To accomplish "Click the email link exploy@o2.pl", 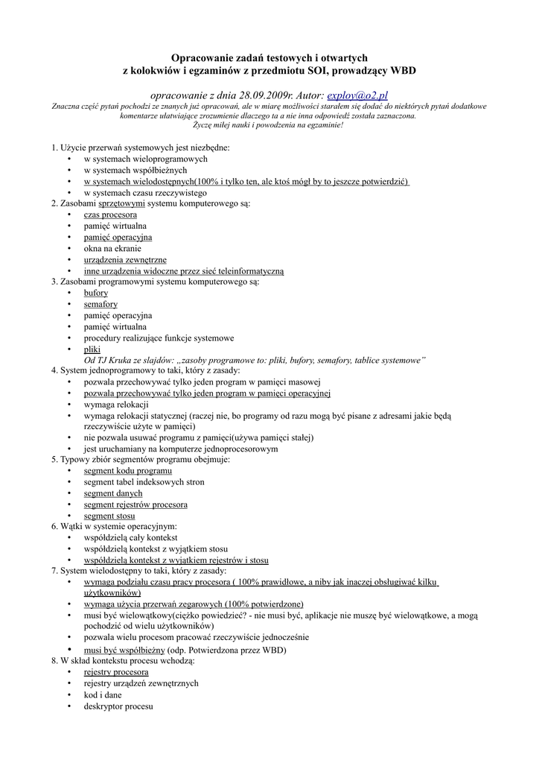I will click(x=357, y=96).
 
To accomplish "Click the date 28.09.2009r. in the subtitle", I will click(x=240, y=96).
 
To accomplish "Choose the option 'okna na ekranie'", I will click(x=112, y=248).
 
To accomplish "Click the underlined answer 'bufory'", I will click(x=96, y=293).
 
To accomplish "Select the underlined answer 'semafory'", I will click(x=101, y=304).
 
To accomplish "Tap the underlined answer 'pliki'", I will click(x=92, y=349).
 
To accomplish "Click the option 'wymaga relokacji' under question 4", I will click(x=116, y=405).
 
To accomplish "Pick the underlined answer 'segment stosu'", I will click(x=109, y=516).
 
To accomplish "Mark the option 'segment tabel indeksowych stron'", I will click(x=144, y=482).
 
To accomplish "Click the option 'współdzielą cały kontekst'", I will click(x=130, y=537).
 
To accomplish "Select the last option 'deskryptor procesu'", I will click(x=118, y=706).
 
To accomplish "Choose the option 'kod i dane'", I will click(x=103, y=694).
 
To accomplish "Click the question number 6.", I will click(x=54, y=527).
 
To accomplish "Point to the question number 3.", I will click(x=54, y=282).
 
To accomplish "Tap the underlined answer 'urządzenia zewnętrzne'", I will click(x=125, y=259).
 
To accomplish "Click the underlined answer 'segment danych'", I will click(x=113, y=493).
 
